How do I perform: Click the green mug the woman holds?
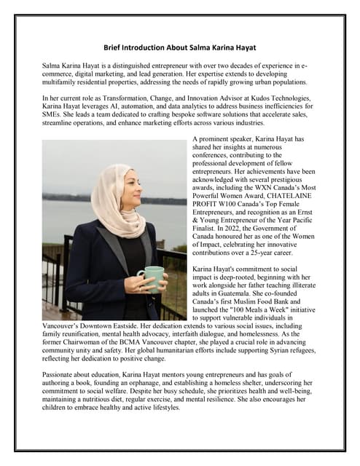(x=152, y=278)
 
